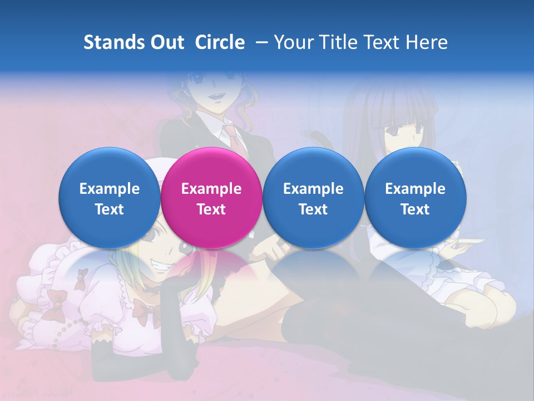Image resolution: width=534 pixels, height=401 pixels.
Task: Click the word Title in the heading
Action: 340,42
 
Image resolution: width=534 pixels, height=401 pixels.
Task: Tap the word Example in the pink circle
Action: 211,189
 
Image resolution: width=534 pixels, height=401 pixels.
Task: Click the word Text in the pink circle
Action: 211,209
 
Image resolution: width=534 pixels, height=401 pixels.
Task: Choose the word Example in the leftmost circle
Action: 110,189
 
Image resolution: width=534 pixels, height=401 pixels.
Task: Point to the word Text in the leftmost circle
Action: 110,209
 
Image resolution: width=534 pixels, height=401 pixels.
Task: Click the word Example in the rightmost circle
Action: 415,189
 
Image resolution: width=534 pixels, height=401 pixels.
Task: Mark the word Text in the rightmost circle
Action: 415,209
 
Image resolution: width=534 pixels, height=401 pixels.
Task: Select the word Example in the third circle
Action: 313,189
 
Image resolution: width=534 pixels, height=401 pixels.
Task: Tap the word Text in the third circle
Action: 313,209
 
